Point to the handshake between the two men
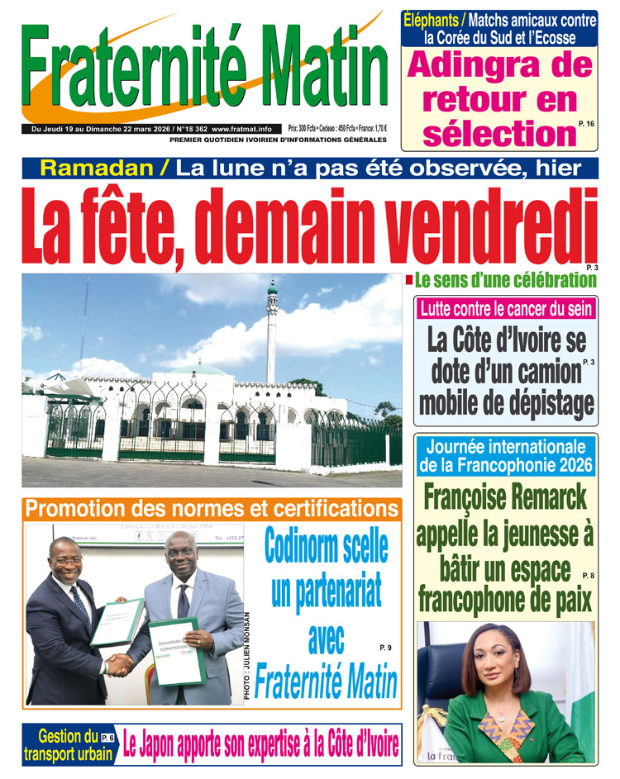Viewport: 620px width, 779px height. [x=121, y=663]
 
